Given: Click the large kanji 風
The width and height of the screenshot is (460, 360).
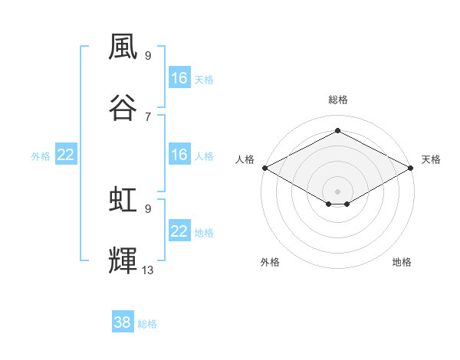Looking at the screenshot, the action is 123,47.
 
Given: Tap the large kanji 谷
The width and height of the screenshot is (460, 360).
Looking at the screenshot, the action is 123,107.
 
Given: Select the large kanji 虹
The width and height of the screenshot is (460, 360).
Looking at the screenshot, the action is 123,199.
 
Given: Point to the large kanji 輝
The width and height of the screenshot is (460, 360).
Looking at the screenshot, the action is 123,260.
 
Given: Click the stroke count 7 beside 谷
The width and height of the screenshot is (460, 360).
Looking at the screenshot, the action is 148,117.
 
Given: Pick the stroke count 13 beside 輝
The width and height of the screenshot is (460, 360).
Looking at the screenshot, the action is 147,270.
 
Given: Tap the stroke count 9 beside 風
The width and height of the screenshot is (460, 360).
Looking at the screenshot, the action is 148,56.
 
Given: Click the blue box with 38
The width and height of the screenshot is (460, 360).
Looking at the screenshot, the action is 123,321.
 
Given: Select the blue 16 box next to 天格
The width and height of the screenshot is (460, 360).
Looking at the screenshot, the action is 179,77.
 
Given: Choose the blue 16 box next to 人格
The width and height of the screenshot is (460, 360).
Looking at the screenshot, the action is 179,154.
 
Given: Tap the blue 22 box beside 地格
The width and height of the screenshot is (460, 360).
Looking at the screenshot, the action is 179,230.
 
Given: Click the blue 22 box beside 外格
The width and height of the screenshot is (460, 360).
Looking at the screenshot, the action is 66,154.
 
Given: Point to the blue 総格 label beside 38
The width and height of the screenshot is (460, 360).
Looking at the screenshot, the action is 147,324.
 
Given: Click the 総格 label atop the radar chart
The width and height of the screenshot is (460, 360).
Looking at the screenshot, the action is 338,100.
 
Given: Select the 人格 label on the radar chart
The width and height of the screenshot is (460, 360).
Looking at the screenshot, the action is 245,159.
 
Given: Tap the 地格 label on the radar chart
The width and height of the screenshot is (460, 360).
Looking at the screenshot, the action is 402,262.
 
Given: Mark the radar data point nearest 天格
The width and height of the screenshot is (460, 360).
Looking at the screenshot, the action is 411,168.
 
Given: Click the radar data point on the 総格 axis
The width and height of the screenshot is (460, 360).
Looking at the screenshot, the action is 337,130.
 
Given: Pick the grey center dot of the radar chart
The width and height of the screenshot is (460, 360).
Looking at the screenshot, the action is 337,191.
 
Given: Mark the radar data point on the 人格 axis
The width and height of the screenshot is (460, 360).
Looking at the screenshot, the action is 265,168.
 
